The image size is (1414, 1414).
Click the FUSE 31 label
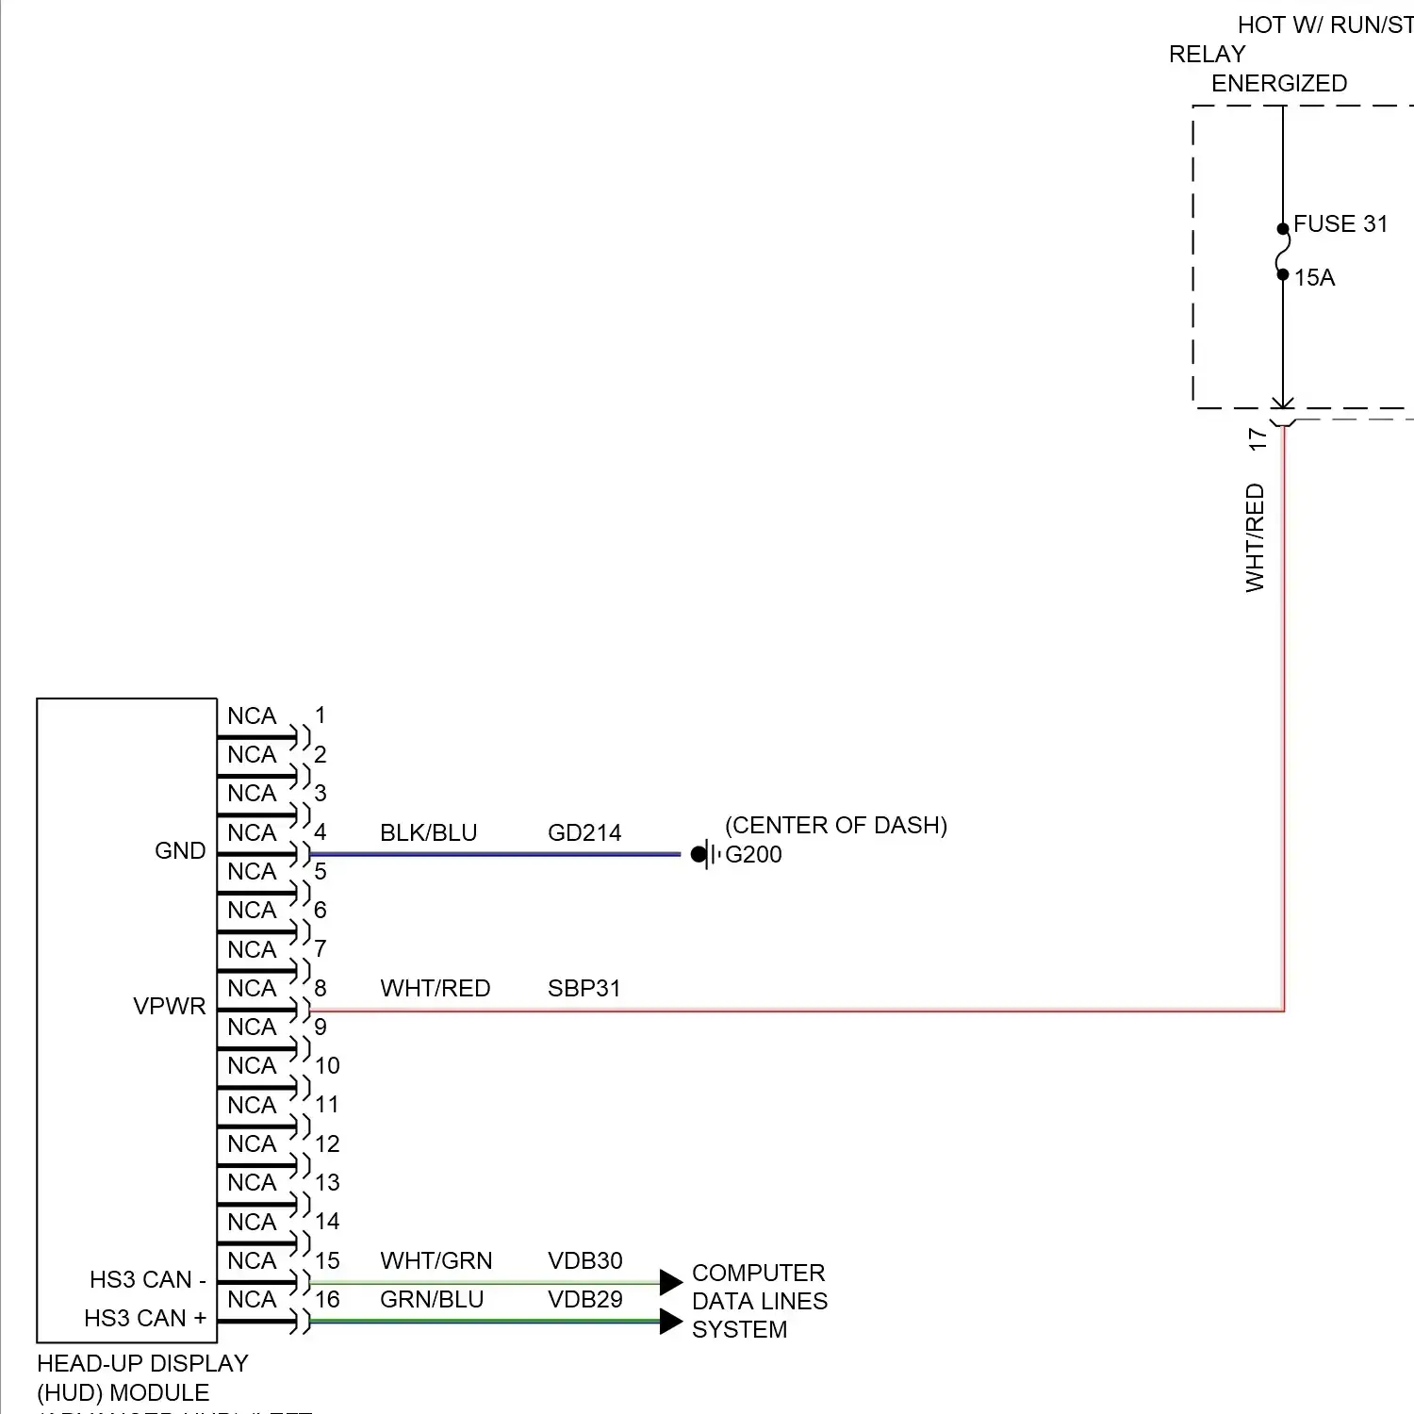point(1340,224)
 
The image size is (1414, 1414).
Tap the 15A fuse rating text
point(1314,278)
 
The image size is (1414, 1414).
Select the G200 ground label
point(753,855)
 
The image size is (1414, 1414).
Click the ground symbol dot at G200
point(699,855)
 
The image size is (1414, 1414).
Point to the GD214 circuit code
point(584,833)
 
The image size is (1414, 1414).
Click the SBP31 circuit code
point(584,989)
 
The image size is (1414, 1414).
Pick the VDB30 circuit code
point(585,1261)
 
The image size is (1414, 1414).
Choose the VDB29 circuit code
point(585,1300)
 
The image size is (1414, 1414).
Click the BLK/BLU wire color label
point(429,833)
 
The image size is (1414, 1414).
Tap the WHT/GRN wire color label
point(436,1261)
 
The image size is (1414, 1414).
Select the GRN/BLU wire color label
point(432,1300)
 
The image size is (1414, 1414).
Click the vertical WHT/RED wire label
point(1255,537)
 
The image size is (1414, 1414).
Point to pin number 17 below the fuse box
point(1258,439)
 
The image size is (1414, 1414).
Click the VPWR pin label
point(170,1007)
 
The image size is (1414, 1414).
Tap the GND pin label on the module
point(180,851)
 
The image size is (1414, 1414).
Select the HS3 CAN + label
point(145,1319)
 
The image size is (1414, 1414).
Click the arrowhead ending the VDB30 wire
point(671,1282)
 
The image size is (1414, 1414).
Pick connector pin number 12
point(327,1144)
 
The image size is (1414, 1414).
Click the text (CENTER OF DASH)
point(836,826)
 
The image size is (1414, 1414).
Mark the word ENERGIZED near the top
point(1279,84)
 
